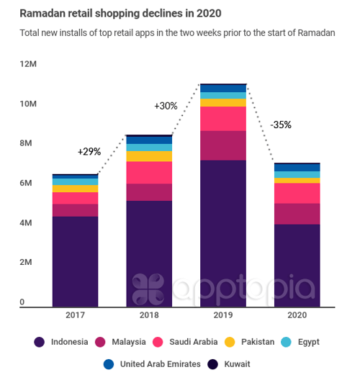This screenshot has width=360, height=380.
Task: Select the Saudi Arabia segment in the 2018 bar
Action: [x=149, y=173]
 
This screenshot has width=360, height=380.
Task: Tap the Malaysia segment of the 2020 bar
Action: [x=297, y=214]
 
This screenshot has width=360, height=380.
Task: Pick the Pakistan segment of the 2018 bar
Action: [x=149, y=156]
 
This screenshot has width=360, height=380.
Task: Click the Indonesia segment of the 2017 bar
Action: [x=75, y=261]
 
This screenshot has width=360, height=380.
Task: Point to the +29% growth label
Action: [x=89, y=152]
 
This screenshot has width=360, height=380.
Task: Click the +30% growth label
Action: [x=166, y=106]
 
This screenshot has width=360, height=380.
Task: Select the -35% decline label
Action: [x=281, y=125]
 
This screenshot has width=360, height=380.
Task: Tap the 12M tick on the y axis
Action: [x=27, y=65]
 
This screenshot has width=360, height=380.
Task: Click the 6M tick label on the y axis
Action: [x=26, y=184]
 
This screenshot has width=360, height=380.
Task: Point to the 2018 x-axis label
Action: [x=149, y=316]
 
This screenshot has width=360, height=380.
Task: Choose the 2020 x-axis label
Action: [x=297, y=316]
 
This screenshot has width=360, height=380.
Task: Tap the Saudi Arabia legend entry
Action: [x=194, y=342]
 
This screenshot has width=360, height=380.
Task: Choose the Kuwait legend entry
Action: [x=230, y=364]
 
